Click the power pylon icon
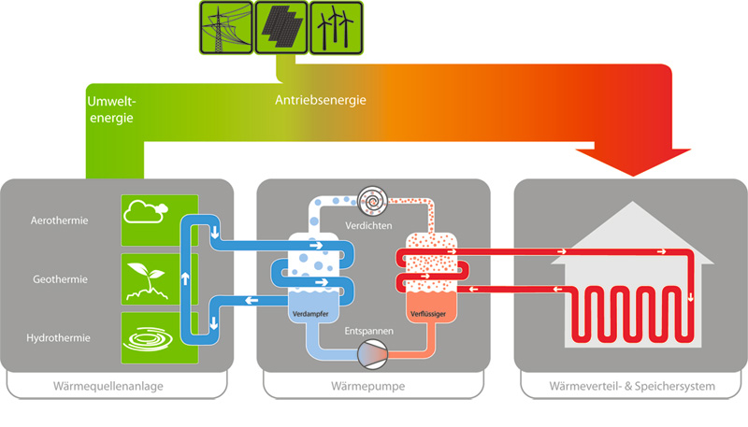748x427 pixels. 223,28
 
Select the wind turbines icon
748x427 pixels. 334,28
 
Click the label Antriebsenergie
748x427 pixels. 320,100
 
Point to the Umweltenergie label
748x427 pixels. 110,109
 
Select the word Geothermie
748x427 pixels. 58,278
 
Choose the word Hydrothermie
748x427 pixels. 58,335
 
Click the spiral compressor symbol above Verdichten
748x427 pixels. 372,199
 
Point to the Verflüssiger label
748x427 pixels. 427,314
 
